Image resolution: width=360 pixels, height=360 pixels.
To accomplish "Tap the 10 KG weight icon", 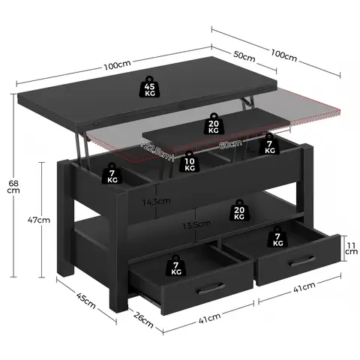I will click(x=190, y=163).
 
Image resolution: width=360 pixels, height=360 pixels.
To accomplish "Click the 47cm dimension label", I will click(x=39, y=220).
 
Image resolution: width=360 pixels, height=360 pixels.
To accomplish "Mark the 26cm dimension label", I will click(x=142, y=324).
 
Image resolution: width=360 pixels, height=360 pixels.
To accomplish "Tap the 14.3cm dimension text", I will click(x=158, y=201).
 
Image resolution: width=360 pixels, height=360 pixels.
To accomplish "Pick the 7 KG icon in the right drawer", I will click(x=278, y=238).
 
